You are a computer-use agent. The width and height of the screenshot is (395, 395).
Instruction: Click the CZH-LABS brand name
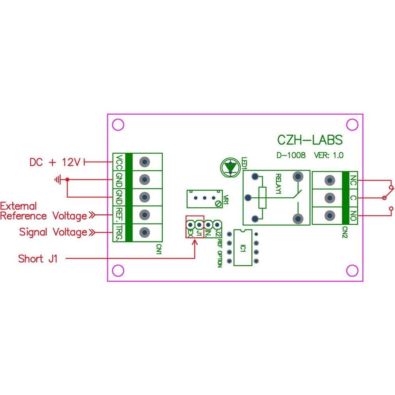coord(309,140)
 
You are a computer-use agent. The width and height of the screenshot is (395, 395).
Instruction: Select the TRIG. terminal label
coord(119,232)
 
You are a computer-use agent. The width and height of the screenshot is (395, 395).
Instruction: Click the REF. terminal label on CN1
coord(119,215)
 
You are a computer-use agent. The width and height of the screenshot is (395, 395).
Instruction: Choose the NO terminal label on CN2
coord(353,216)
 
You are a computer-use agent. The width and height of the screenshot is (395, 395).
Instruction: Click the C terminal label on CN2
coord(353,198)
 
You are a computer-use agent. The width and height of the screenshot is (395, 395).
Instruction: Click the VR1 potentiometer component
coord(204,198)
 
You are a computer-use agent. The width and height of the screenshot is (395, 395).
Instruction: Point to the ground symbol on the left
coord(58,180)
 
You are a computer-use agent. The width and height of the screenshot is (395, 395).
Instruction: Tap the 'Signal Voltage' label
coord(53,232)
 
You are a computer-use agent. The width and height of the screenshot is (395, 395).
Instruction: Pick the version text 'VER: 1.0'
coord(328,156)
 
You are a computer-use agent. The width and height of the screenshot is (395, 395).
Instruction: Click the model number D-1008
coord(291,156)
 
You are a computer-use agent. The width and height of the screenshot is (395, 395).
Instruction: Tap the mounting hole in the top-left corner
coord(118,125)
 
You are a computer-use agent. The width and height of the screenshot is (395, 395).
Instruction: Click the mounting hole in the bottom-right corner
coord(352,270)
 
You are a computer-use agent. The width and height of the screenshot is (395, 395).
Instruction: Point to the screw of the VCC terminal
coord(145,162)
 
